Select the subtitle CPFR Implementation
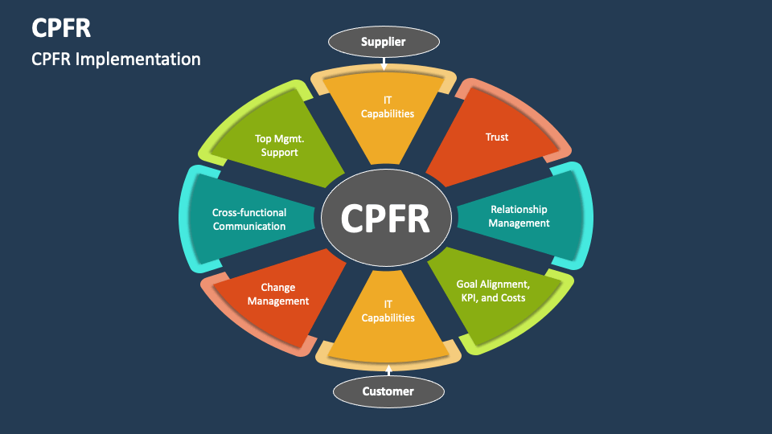coord(116,59)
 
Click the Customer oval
coord(388,391)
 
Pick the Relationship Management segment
coord(523,216)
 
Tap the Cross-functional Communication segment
coord(249,219)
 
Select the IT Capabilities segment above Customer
coord(388,317)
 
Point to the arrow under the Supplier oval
coord(384,62)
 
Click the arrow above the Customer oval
coord(388,371)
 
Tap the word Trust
coord(497,137)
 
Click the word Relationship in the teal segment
coord(519,210)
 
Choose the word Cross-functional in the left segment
coord(249,213)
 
